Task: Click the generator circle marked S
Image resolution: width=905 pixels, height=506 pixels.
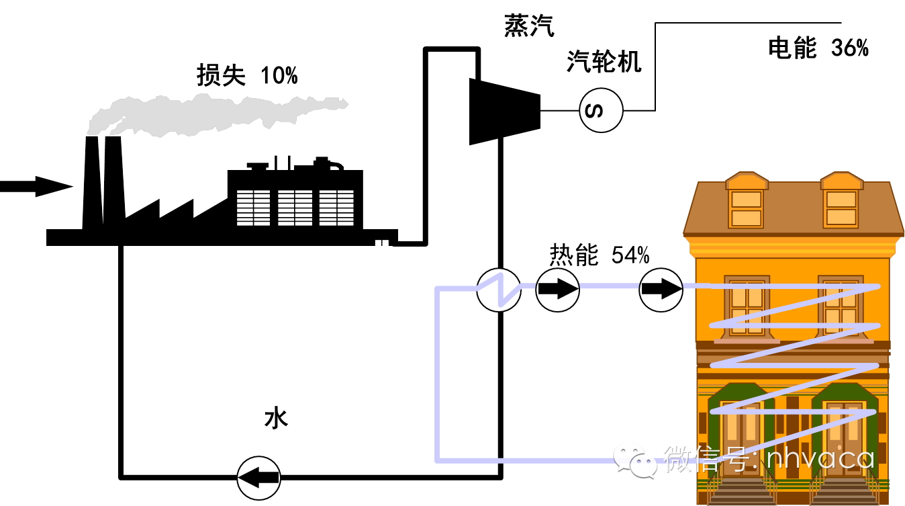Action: [x=601, y=110]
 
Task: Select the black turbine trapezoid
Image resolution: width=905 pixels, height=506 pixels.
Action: [x=504, y=111]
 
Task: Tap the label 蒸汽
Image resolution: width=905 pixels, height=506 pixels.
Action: [x=529, y=26]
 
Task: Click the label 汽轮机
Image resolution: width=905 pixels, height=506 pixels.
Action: [x=604, y=62]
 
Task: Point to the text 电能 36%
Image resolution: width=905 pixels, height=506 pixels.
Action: [x=818, y=48]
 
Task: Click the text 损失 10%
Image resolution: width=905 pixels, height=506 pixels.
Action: [x=246, y=75]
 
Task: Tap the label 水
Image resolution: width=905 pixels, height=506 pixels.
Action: [x=276, y=419]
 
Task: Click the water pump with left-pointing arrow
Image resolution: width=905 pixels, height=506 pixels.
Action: [x=258, y=478]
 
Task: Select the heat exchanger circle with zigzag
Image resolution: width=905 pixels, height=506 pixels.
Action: [x=499, y=290]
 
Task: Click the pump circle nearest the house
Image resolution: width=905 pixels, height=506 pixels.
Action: [x=661, y=290]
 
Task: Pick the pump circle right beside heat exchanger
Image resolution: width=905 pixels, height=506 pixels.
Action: [x=557, y=290]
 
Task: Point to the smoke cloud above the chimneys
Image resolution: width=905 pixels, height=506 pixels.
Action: [x=215, y=114]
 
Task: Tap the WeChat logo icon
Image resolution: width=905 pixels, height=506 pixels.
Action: [x=634, y=460]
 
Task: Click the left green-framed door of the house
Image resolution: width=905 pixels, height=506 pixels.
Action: [x=741, y=430]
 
